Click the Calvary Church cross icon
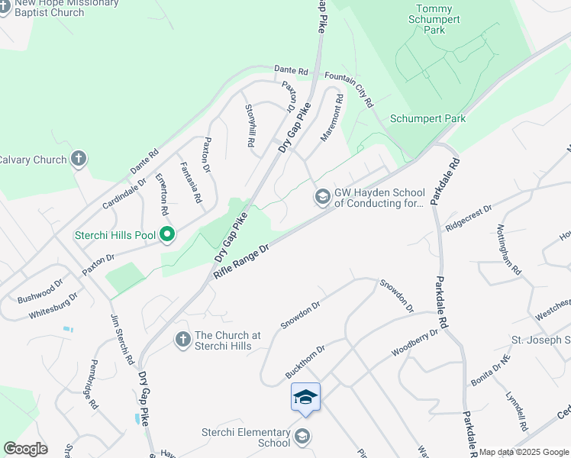point(78,159)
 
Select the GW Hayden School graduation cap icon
point(322,198)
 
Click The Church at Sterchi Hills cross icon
point(182,339)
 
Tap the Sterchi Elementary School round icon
point(302,437)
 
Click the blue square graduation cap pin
point(305,398)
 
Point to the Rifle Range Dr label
point(243,260)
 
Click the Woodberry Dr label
point(415,343)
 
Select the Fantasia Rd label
point(190,182)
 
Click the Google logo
point(26,449)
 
